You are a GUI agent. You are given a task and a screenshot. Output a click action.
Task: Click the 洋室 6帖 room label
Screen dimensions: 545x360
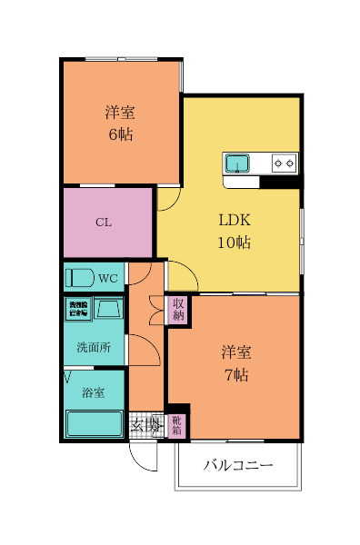click(120, 124)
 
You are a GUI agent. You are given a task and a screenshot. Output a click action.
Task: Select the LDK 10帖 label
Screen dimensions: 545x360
click(234, 231)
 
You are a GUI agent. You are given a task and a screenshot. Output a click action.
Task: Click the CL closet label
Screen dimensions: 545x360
click(104, 223)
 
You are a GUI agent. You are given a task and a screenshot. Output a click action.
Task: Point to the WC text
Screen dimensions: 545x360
click(108, 278)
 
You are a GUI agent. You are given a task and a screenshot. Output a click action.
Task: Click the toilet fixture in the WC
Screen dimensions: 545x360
click(80, 277)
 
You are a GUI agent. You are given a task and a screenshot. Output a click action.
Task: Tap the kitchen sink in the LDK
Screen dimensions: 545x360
click(238, 163)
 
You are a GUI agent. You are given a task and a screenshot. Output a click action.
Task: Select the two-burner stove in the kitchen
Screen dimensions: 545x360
click(285, 163)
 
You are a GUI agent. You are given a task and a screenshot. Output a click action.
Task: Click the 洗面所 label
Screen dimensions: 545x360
click(93, 347)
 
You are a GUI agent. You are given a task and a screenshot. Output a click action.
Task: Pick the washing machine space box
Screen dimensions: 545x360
click(76, 309)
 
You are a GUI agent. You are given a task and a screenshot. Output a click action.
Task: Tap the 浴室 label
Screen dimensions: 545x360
click(93, 393)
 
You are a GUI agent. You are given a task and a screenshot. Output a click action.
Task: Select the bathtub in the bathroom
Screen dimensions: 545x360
click(94, 423)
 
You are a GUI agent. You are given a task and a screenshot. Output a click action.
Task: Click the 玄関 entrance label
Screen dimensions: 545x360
click(145, 424)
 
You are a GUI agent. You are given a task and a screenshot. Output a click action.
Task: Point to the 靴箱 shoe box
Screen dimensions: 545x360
click(176, 424)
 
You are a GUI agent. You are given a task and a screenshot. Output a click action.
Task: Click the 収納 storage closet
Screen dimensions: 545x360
click(178, 310)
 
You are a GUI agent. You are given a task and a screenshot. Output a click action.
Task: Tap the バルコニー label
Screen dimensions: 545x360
click(237, 466)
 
